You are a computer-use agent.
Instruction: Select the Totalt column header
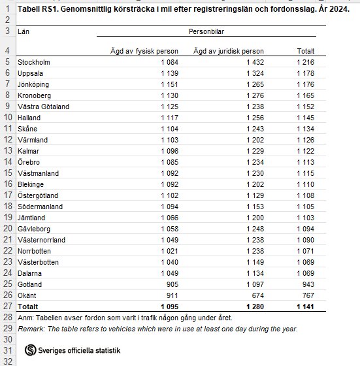(305, 51)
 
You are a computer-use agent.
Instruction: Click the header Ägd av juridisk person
(229, 51)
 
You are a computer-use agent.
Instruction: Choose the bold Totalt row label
(28, 306)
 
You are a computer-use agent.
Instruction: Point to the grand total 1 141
(305, 306)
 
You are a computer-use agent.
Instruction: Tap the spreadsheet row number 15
(7, 173)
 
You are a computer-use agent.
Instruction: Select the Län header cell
(24, 31)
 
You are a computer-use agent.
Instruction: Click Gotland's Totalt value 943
(307, 285)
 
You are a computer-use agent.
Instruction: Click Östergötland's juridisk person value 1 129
(254, 195)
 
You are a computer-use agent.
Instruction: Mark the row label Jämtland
(31, 218)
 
